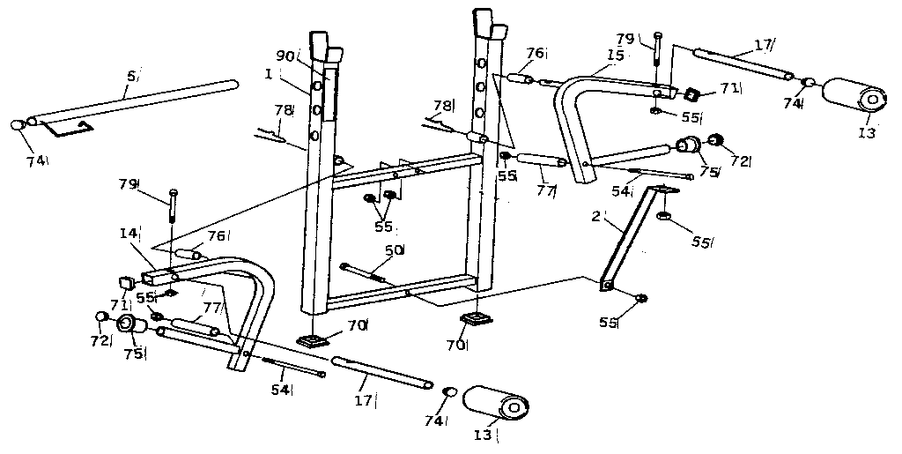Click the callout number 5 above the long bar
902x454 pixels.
coord(130,77)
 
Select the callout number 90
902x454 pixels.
coord(284,56)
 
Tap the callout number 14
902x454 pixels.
coord(129,234)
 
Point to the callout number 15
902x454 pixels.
coord(614,55)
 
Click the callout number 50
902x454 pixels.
coord(394,250)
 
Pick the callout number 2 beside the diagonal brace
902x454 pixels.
coord(595,216)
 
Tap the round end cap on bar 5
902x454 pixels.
coord(18,126)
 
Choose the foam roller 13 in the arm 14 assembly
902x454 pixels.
coord(494,404)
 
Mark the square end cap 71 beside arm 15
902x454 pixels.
coord(693,94)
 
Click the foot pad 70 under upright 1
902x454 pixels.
coord(312,339)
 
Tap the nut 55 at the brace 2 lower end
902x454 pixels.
coord(642,298)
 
